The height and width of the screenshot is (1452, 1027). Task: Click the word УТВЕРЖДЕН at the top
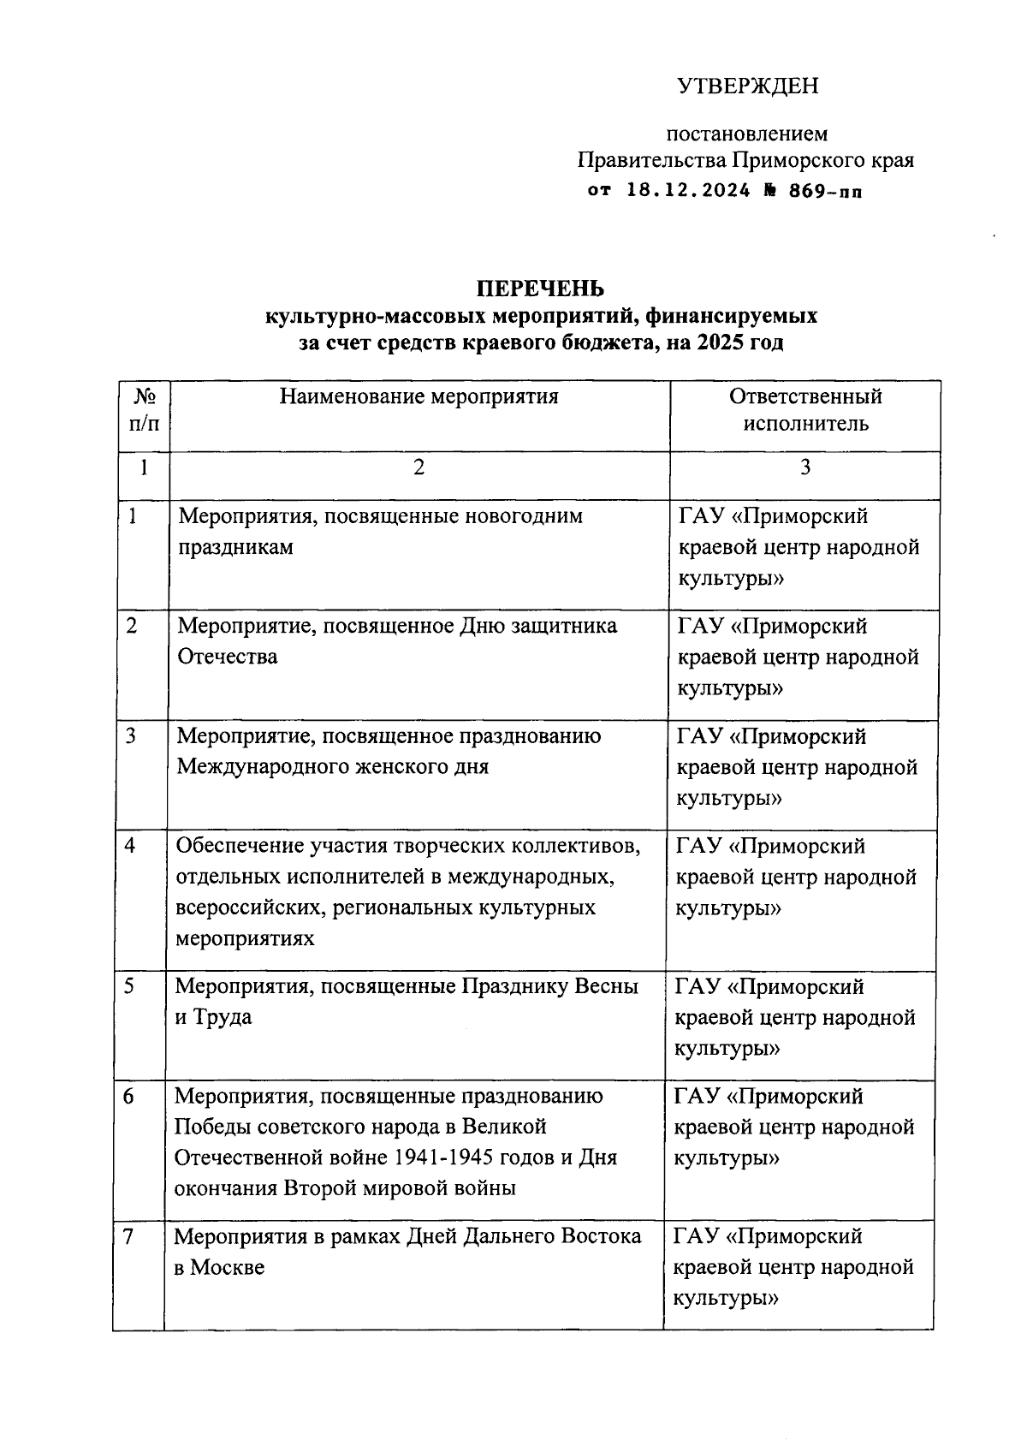tap(747, 86)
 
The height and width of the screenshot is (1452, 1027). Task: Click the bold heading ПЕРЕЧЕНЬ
tap(540, 288)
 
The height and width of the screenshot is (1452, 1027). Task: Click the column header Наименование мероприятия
tap(419, 396)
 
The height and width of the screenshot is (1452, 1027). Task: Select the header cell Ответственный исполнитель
tap(804, 410)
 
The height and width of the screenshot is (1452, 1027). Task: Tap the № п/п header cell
tap(144, 410)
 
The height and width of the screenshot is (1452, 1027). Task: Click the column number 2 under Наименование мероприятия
tap(419, 467)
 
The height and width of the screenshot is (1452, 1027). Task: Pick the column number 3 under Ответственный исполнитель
tap(804, 467)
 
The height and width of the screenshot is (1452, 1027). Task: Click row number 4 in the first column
tap(130, 846)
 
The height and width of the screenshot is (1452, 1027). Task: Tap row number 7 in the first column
tap(128, 1236)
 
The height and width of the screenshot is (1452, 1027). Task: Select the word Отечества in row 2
tap(227, 658)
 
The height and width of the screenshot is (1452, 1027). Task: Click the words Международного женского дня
tap(333, 766)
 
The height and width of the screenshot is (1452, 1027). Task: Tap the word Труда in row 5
tap(223, 1018)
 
